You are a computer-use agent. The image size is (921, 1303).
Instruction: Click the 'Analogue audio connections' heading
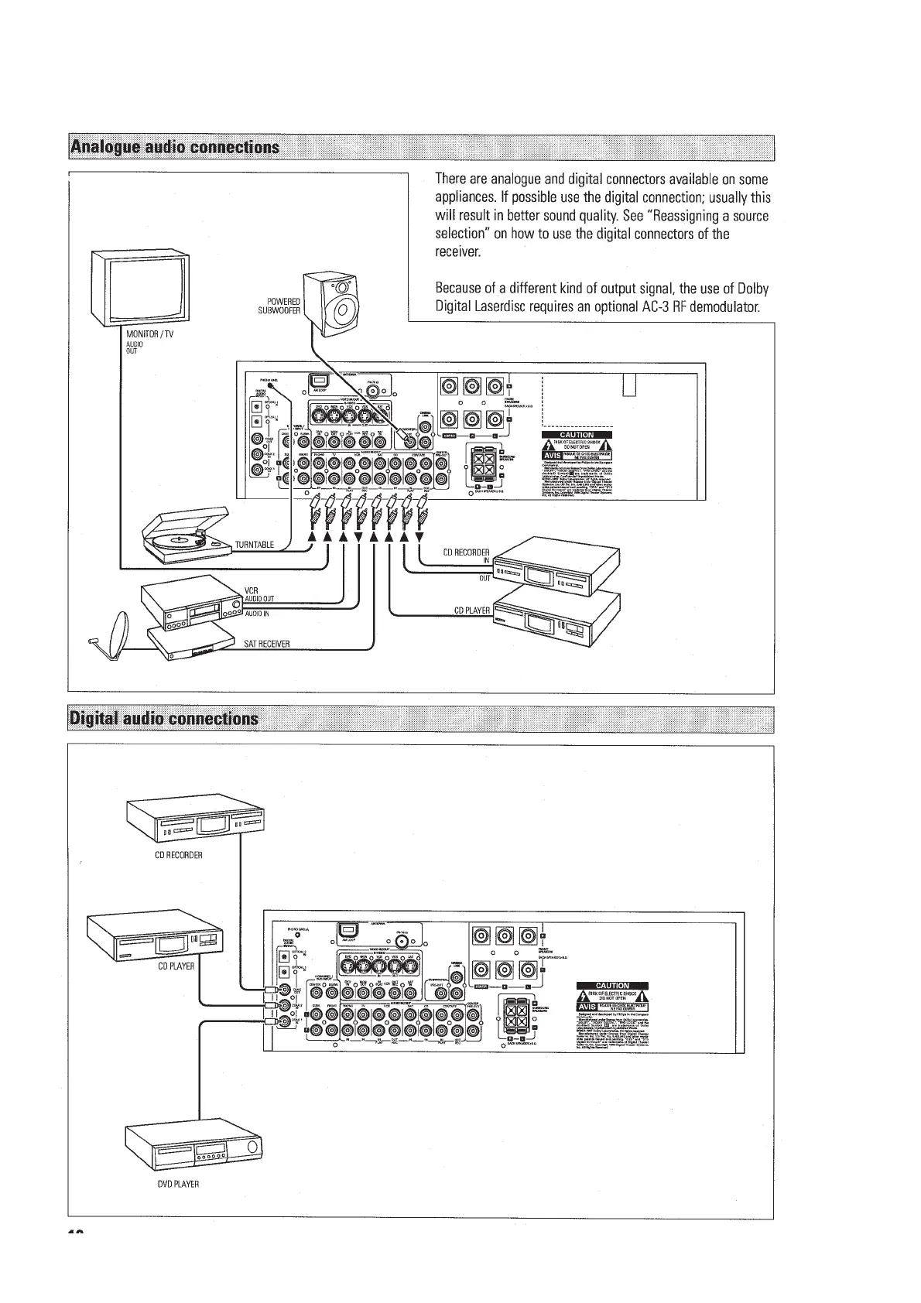point(174,147)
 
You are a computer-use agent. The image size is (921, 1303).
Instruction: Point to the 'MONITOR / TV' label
point(149,334)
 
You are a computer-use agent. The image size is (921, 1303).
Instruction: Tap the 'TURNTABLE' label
point(254,545)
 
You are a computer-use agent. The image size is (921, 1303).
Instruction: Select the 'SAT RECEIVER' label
point(266,644)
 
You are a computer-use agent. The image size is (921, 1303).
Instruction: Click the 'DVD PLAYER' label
point(178,1185)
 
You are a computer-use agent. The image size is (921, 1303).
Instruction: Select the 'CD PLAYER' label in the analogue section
point(471,610)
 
